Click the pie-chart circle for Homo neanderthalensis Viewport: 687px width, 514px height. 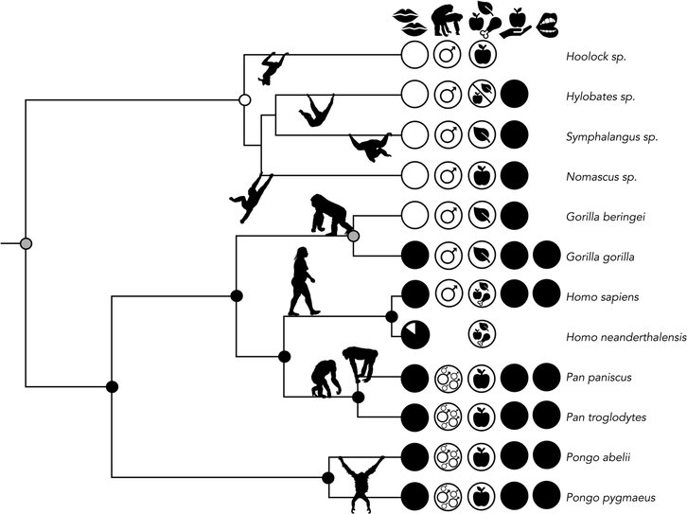point(415,334)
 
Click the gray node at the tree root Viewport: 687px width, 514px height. point(26,244)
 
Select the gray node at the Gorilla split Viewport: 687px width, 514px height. point(354,235)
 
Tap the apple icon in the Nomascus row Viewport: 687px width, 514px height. point(481,174)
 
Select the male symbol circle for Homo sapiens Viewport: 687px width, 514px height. point(448,294)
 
